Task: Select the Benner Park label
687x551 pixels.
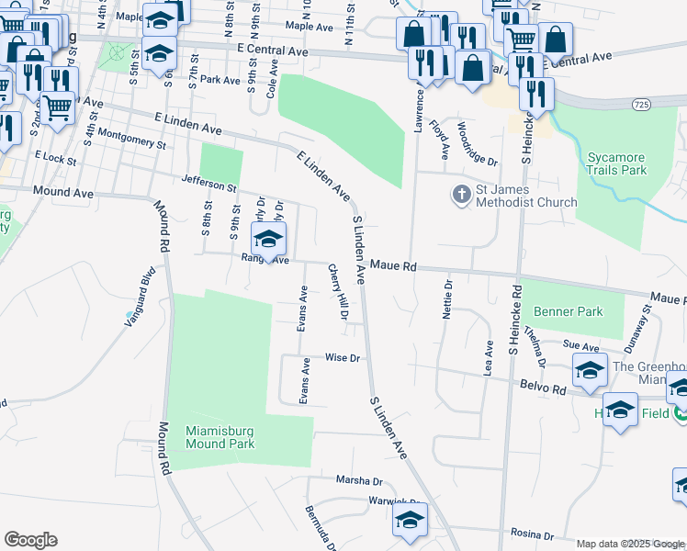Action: [x=569, y=311]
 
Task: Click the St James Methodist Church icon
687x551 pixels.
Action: [x=460, y=195]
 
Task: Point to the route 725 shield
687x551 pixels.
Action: [x=641, y=107]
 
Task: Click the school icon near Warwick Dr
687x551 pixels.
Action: [x=410, y=522]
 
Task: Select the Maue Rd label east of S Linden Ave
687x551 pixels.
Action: [x=394, y=266]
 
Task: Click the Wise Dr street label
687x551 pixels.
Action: [x=341, y=357]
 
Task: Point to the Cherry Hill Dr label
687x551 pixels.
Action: [x=337, y=291]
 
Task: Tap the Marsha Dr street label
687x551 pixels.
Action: [x=358, y=480]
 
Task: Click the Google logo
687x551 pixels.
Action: [x=30, y=540]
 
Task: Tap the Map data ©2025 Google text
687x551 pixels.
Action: [x=629, y=544]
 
